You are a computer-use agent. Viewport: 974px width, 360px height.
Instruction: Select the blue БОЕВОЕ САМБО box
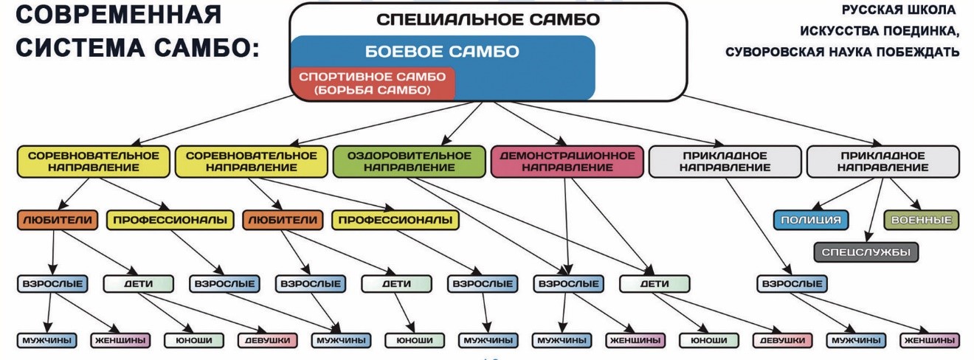[442, 52]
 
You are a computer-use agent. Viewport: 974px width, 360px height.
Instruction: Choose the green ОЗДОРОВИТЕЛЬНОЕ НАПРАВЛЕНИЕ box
[410, 162]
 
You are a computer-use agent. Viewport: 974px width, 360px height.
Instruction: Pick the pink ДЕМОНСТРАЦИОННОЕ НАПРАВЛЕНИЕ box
[567, 162]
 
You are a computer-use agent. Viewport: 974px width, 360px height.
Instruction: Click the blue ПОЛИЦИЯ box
[811, 220]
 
